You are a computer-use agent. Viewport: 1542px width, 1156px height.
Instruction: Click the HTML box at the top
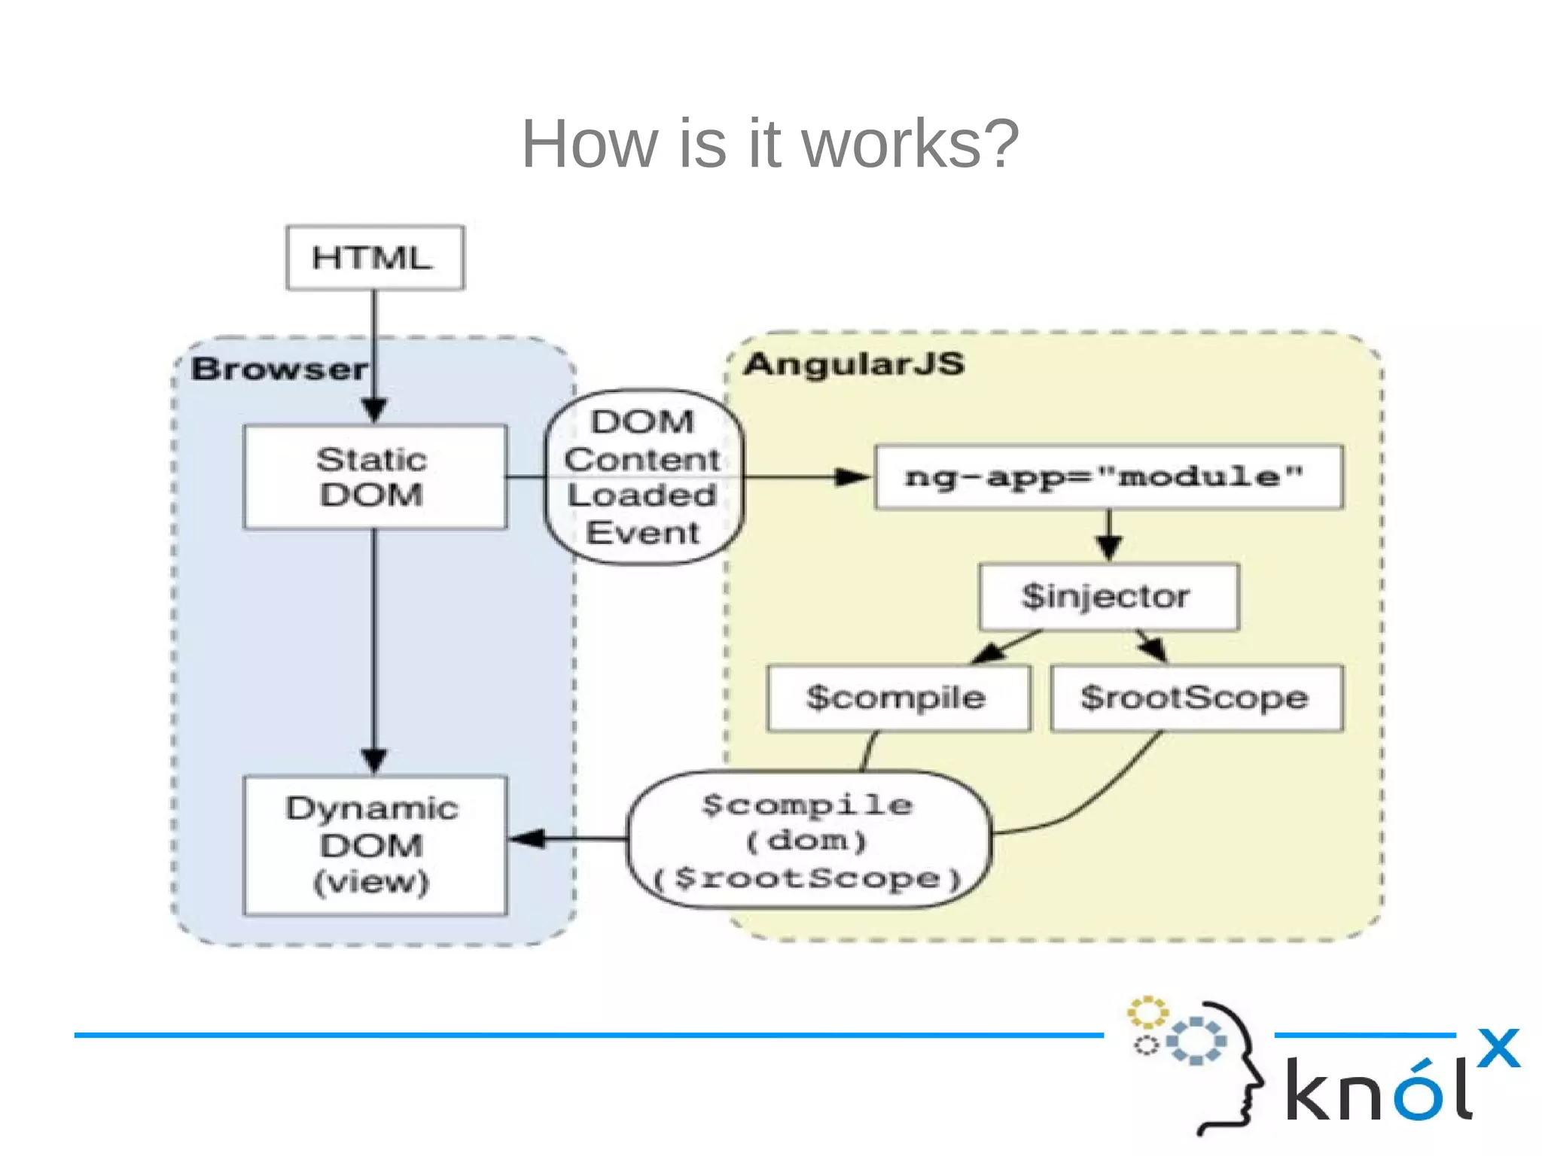coord(375,257)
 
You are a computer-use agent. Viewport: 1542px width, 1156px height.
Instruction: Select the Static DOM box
coord(374,477)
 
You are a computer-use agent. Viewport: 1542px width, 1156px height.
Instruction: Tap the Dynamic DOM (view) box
coord(374,845)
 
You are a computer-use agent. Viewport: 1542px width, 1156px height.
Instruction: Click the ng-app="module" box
coord(1108,477)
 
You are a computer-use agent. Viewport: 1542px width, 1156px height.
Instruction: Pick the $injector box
coord(1108,596)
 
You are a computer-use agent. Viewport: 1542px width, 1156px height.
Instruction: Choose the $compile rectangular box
coord(897,698)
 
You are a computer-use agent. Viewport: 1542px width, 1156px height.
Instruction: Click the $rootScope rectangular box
coord(1196,698)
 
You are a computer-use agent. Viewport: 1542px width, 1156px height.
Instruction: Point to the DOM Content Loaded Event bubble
coord(643,477)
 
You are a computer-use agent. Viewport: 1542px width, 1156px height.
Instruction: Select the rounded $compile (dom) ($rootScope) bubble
coord(808,841)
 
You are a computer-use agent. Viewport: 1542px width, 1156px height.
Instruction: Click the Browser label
coord(279,370)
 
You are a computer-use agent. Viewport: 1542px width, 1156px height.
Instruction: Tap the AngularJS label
coord(854,364)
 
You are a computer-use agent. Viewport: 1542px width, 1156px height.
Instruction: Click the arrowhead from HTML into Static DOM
coord(374,410)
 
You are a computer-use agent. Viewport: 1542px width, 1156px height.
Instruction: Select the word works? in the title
coord(910,144)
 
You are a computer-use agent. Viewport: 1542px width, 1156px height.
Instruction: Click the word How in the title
coord(589,144)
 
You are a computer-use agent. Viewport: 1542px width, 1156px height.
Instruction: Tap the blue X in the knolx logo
coord(1498,1048)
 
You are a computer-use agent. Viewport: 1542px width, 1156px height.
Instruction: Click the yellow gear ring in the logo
coord(1147,1012)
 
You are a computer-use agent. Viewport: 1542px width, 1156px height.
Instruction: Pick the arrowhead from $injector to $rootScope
coord(1155,649)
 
